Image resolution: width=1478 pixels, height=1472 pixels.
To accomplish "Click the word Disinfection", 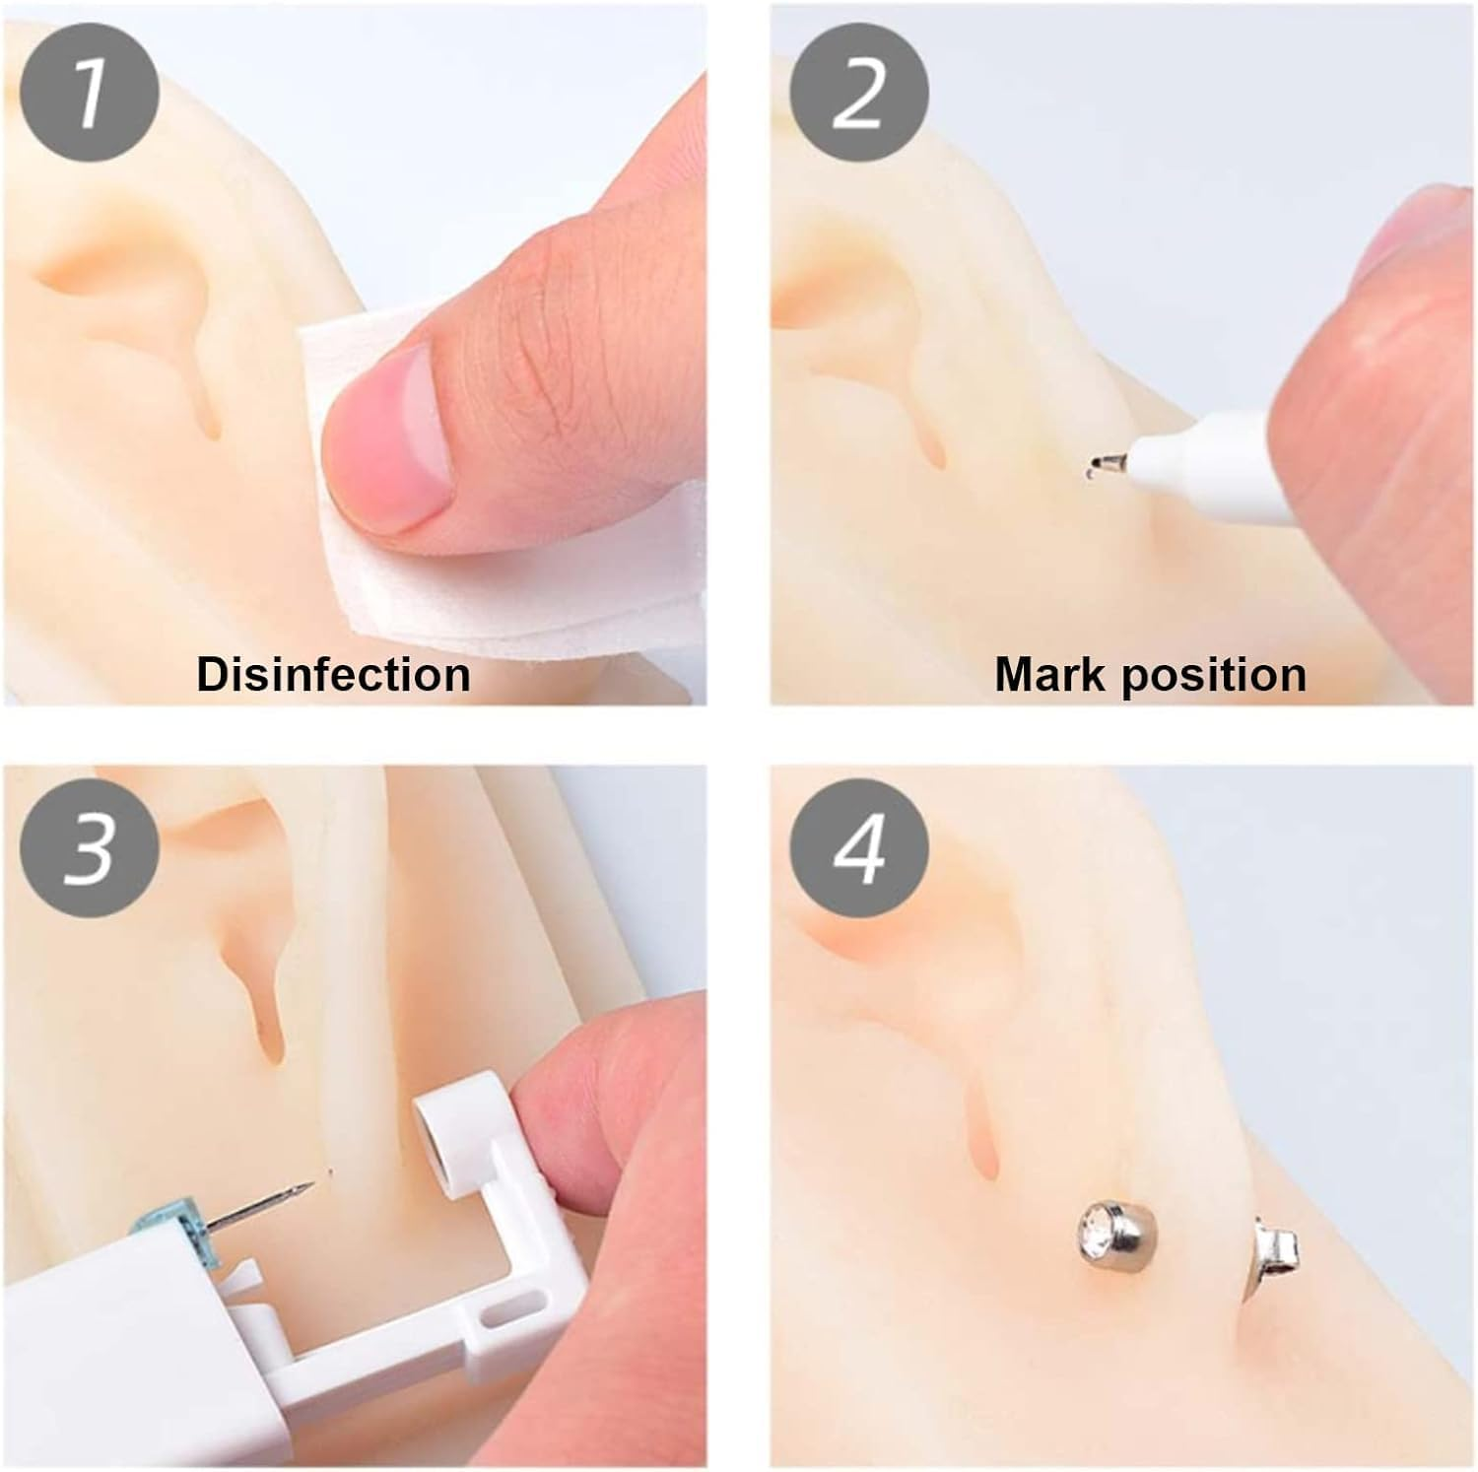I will pos(333,675).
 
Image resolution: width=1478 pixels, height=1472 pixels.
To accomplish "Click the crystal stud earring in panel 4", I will pos(1112,1233).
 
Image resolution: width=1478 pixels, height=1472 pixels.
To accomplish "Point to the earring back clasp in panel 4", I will pos(1275,1249).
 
